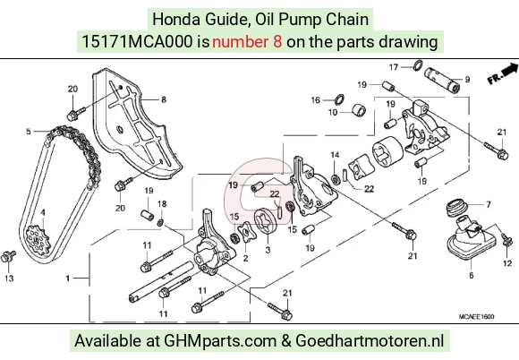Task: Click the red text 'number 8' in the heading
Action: [x=247, y=42]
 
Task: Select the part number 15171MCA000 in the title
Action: [x=137, y=42]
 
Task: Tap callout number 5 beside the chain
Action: [x=29, y=132]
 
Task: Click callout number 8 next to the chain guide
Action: [x=164, y=99]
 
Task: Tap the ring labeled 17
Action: [x=418, y=65]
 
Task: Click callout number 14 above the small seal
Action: [x=335, y=155]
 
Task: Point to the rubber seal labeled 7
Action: [x=456, y=207]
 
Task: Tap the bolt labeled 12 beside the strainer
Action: [x=506, y=240]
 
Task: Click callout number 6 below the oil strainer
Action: [x=472, y=275]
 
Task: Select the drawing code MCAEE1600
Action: [x=476, y=317]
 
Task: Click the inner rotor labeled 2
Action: [x=246, y=232]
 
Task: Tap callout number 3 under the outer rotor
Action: [x=268, y=249]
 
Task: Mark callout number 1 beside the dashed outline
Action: [x=68, y=279]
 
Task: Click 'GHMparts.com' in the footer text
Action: [x=220, y=340]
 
